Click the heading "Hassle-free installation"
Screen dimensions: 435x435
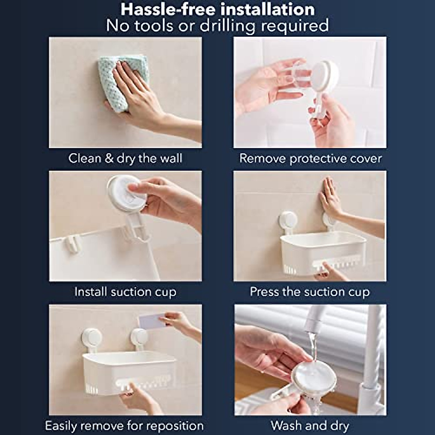point(217,9)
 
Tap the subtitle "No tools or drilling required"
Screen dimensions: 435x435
point(217,26)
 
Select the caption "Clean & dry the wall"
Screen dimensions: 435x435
point(125,158)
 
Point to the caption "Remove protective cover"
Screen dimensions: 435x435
point(310,158)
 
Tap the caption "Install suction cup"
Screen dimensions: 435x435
point(125,292)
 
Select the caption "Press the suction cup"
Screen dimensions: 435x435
point(310,292)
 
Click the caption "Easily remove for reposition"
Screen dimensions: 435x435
point(124,426)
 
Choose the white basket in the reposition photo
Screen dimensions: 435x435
point(129,372)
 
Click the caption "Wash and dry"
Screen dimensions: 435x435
point(310,426)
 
